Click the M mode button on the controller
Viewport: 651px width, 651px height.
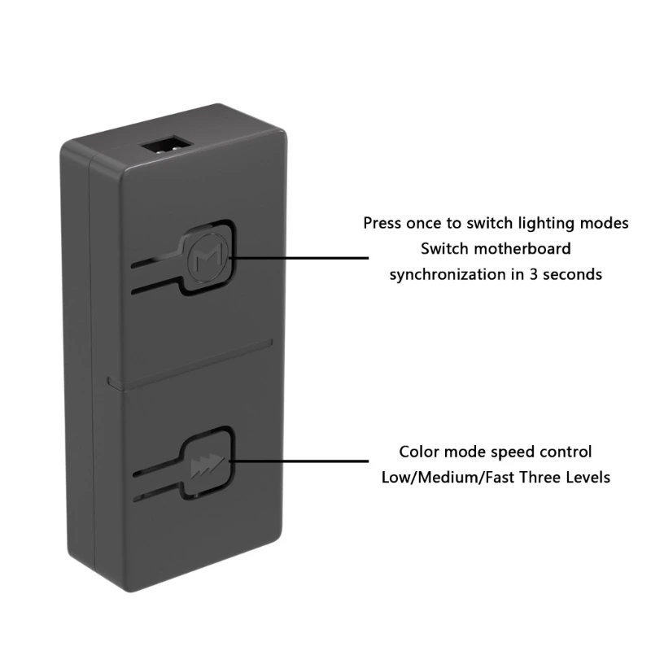pos(207,258)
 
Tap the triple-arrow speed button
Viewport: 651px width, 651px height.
pos(208,464)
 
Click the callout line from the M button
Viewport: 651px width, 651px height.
pos(299,258)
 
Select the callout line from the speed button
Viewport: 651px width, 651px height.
pos(299,461)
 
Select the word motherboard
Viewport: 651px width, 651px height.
pos(522,249)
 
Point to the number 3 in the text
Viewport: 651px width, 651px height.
pos(533,275)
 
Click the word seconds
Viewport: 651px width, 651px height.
pos(573,275)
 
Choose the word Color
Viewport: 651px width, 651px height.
pos(419,452)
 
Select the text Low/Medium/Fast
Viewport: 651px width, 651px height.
pos(448,478)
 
